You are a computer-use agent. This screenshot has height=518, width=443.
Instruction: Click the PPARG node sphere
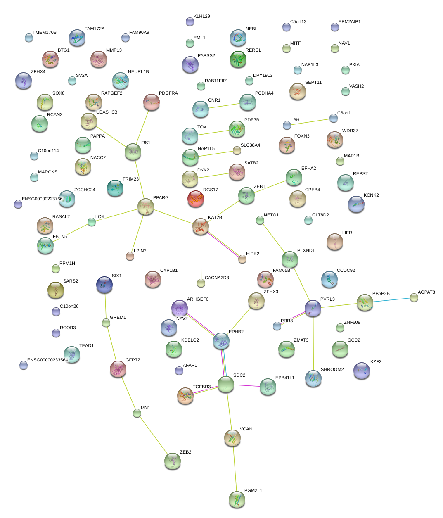pyautogui.click(x=145, y=207)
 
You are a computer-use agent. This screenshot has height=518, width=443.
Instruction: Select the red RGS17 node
pyautogui.click(x=196, y=199)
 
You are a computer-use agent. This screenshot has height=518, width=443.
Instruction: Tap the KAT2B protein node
pyautogui.click(x=201, y=227)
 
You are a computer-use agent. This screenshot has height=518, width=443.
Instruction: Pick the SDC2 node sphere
pyautogui.click(x=226, y=384)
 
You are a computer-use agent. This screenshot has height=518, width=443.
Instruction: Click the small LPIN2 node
pyautogui.click(x=130, y=256)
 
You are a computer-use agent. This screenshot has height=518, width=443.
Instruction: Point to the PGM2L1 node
pyautogui.click(x=237, y=499)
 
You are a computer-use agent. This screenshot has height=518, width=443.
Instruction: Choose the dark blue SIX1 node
pyautogui.click(x=104, y=284)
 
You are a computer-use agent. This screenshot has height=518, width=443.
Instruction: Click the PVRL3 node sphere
pyautogui.click(x=313, y=308)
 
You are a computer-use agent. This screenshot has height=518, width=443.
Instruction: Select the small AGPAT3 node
pyautogui.click(x=414, y=297)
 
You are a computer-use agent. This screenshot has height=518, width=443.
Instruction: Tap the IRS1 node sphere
pyautogui.click(x=133, y=152)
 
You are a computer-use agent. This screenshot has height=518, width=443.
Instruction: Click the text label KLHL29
pyautogui.click(x=201, y=17)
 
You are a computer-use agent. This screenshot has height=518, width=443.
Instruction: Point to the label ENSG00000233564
pyautogui.click(x=47, y=360)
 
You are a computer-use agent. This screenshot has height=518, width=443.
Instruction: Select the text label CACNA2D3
pyautogui.click(x=217, y=278)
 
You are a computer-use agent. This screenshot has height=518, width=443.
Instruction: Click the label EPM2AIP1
pyautogui.click(x=349, y=22)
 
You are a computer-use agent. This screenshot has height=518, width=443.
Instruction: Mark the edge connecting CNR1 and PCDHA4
pyautogui.click(x=224, y=106)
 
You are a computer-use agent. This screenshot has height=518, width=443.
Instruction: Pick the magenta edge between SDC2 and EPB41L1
pyautogui.click(x=247, y=386)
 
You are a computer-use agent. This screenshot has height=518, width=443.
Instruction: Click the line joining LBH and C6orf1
pyautogui.click(x=310, y=121)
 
